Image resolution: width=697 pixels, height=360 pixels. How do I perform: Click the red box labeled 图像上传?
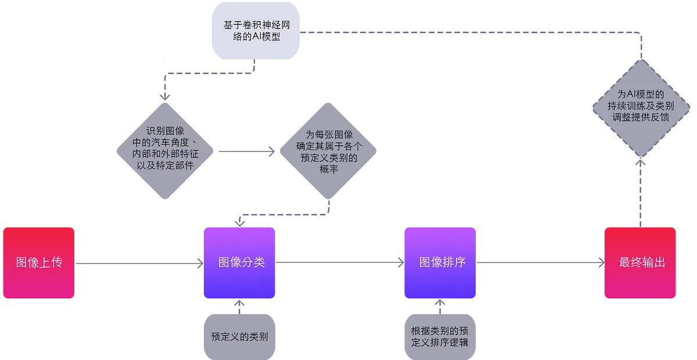coord(38,263)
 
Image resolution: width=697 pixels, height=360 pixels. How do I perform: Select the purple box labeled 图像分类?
coord(240,263)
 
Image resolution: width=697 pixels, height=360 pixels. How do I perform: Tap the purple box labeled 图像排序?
coord(441,263)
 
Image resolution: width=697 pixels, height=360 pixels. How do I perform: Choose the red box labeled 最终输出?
coord(641,263)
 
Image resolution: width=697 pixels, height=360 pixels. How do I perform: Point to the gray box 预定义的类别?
coord(239,336)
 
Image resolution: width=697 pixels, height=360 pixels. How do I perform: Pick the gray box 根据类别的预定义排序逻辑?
coord(440,336)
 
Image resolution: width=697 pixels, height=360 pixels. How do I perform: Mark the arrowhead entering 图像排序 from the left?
coord(399,264)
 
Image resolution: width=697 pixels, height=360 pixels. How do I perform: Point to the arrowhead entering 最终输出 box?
coord(599,264)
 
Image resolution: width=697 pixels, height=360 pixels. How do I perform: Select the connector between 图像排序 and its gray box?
coord(440,306)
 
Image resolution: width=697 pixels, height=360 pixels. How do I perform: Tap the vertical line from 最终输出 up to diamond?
coord(641,192)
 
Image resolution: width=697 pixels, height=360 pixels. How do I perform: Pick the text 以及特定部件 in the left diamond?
coord(166,165)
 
